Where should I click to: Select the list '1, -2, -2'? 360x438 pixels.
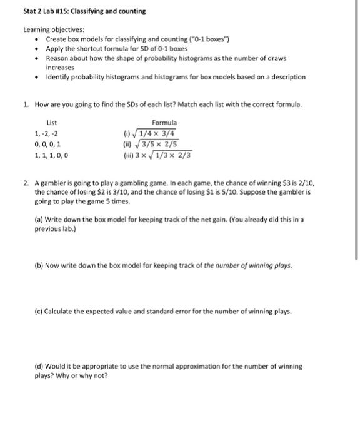[x=47, y=133]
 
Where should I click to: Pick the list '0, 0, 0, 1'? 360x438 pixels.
[x=48, y=144]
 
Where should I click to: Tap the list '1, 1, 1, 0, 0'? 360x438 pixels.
[x=51, y=155]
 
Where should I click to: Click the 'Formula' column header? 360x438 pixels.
[x=164, y=123]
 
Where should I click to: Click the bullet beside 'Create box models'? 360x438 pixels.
[x=37, y=39]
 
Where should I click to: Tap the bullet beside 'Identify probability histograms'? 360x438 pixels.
[x=37, y=77]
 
